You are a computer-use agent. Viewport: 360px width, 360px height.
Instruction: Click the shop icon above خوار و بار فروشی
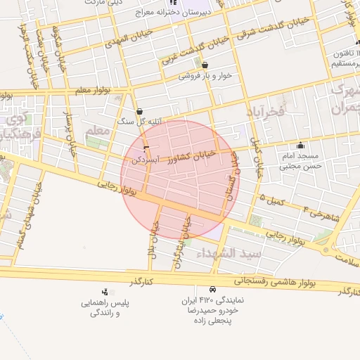point(205,65)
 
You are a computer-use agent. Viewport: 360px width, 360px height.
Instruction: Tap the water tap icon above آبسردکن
point(146,149)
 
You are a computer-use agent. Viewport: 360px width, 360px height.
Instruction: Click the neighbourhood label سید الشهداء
point(229,252)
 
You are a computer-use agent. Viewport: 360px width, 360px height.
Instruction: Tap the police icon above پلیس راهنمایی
point(105,292)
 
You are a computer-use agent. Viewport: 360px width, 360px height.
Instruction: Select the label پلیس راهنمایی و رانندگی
point(99,307)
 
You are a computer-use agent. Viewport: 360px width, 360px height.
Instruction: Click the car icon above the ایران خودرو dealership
point(212,290)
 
